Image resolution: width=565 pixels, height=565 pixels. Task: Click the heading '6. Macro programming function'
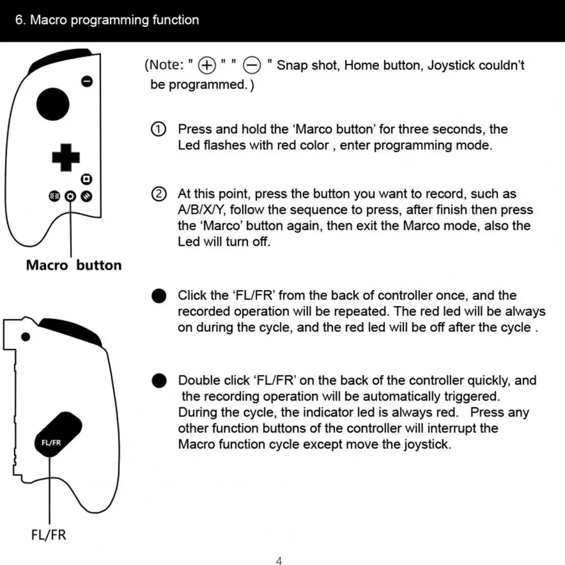(107, 20)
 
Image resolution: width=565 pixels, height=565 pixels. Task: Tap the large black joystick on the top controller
(53, 104)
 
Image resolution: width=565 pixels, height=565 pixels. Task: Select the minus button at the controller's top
(86, 81)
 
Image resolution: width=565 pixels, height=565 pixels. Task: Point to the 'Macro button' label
(73, 265)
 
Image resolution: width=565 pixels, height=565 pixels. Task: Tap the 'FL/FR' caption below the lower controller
(49, 534)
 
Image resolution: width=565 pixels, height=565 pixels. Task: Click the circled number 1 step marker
(159, 129)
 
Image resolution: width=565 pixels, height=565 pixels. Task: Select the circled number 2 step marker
(159, 194)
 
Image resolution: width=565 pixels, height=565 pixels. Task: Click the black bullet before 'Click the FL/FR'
(159, 295)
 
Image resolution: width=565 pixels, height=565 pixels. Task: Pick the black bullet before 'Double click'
(159, 380)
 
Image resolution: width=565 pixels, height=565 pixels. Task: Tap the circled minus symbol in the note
(252, 66)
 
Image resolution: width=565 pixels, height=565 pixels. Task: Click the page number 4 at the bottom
(279, 560)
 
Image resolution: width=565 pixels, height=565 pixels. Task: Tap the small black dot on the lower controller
(25, 337)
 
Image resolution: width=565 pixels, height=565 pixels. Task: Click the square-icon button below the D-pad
(86, 179)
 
